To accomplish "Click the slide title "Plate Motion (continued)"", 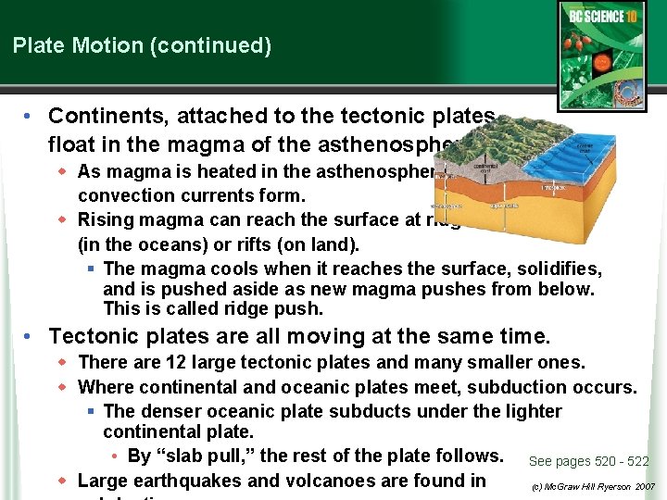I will click(x=142, y=45).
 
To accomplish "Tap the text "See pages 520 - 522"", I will click(x=588, y=461).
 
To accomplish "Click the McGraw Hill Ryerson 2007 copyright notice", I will click(x=594, y=486).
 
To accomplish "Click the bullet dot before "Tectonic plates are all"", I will click(x=31, y=335).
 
